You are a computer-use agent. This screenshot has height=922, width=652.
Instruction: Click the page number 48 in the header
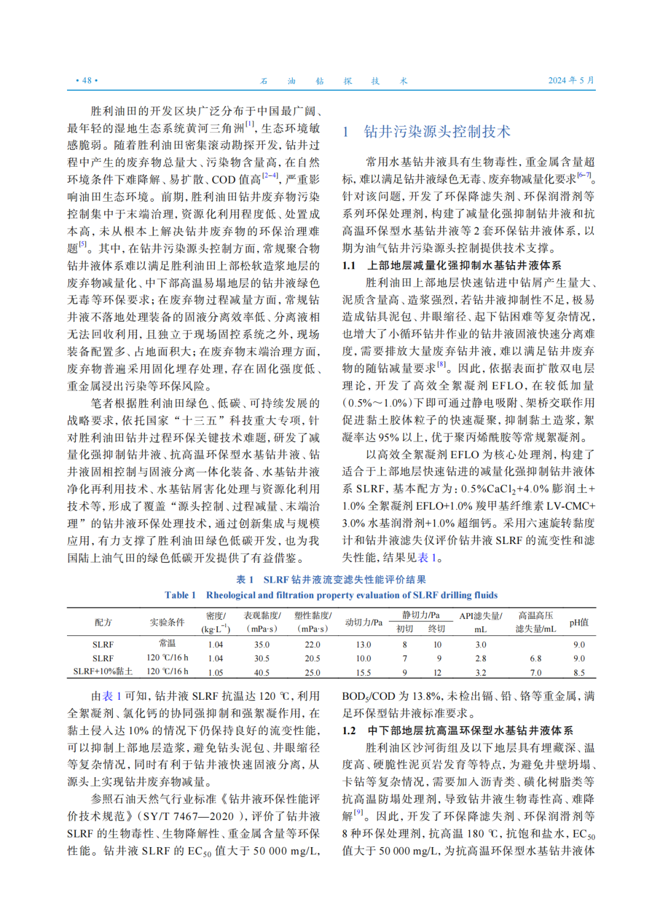point(87,80)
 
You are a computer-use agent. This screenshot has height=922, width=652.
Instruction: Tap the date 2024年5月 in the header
point(570,80)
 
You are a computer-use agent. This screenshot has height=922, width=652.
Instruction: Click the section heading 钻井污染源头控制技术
point(437,132)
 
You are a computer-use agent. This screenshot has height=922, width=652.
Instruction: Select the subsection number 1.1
point(349,265)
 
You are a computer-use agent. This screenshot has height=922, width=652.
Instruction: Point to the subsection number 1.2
point(349,731)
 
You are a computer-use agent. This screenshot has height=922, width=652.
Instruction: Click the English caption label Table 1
point(180,595)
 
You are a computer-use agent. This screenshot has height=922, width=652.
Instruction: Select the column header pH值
point(579,622)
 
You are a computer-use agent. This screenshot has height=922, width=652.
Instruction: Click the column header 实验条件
point(167,622)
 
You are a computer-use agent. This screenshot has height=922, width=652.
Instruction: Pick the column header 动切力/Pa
point(363,622)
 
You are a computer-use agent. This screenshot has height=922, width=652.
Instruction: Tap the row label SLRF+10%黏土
point(103,672)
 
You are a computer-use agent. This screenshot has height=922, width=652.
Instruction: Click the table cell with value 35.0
point(261,644)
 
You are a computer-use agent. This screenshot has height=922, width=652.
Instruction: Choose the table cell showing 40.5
point(261,672)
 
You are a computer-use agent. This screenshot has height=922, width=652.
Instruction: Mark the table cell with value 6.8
point(535,658)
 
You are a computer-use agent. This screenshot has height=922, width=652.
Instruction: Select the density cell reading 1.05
point(216,672)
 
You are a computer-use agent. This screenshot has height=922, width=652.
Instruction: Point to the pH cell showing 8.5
point(579,672)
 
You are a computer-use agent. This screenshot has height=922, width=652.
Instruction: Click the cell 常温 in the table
point(167,644)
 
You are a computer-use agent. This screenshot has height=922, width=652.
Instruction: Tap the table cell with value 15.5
point(363,672)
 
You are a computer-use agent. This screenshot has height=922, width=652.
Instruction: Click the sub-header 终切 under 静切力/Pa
point(436,629)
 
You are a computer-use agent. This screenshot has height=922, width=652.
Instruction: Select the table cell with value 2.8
point(481,658)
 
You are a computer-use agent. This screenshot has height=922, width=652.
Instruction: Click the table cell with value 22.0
point(313,644)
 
